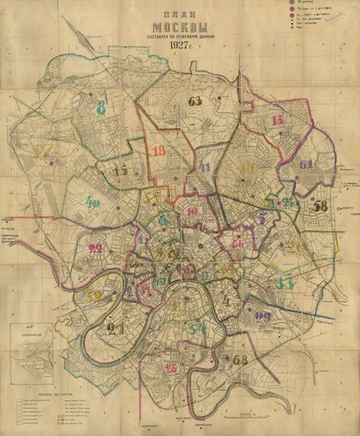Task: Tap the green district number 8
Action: tap(101, 108)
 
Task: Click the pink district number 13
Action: tap(277, 121)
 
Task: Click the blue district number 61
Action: tap(306, 166)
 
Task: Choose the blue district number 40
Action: tap(94, 203)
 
